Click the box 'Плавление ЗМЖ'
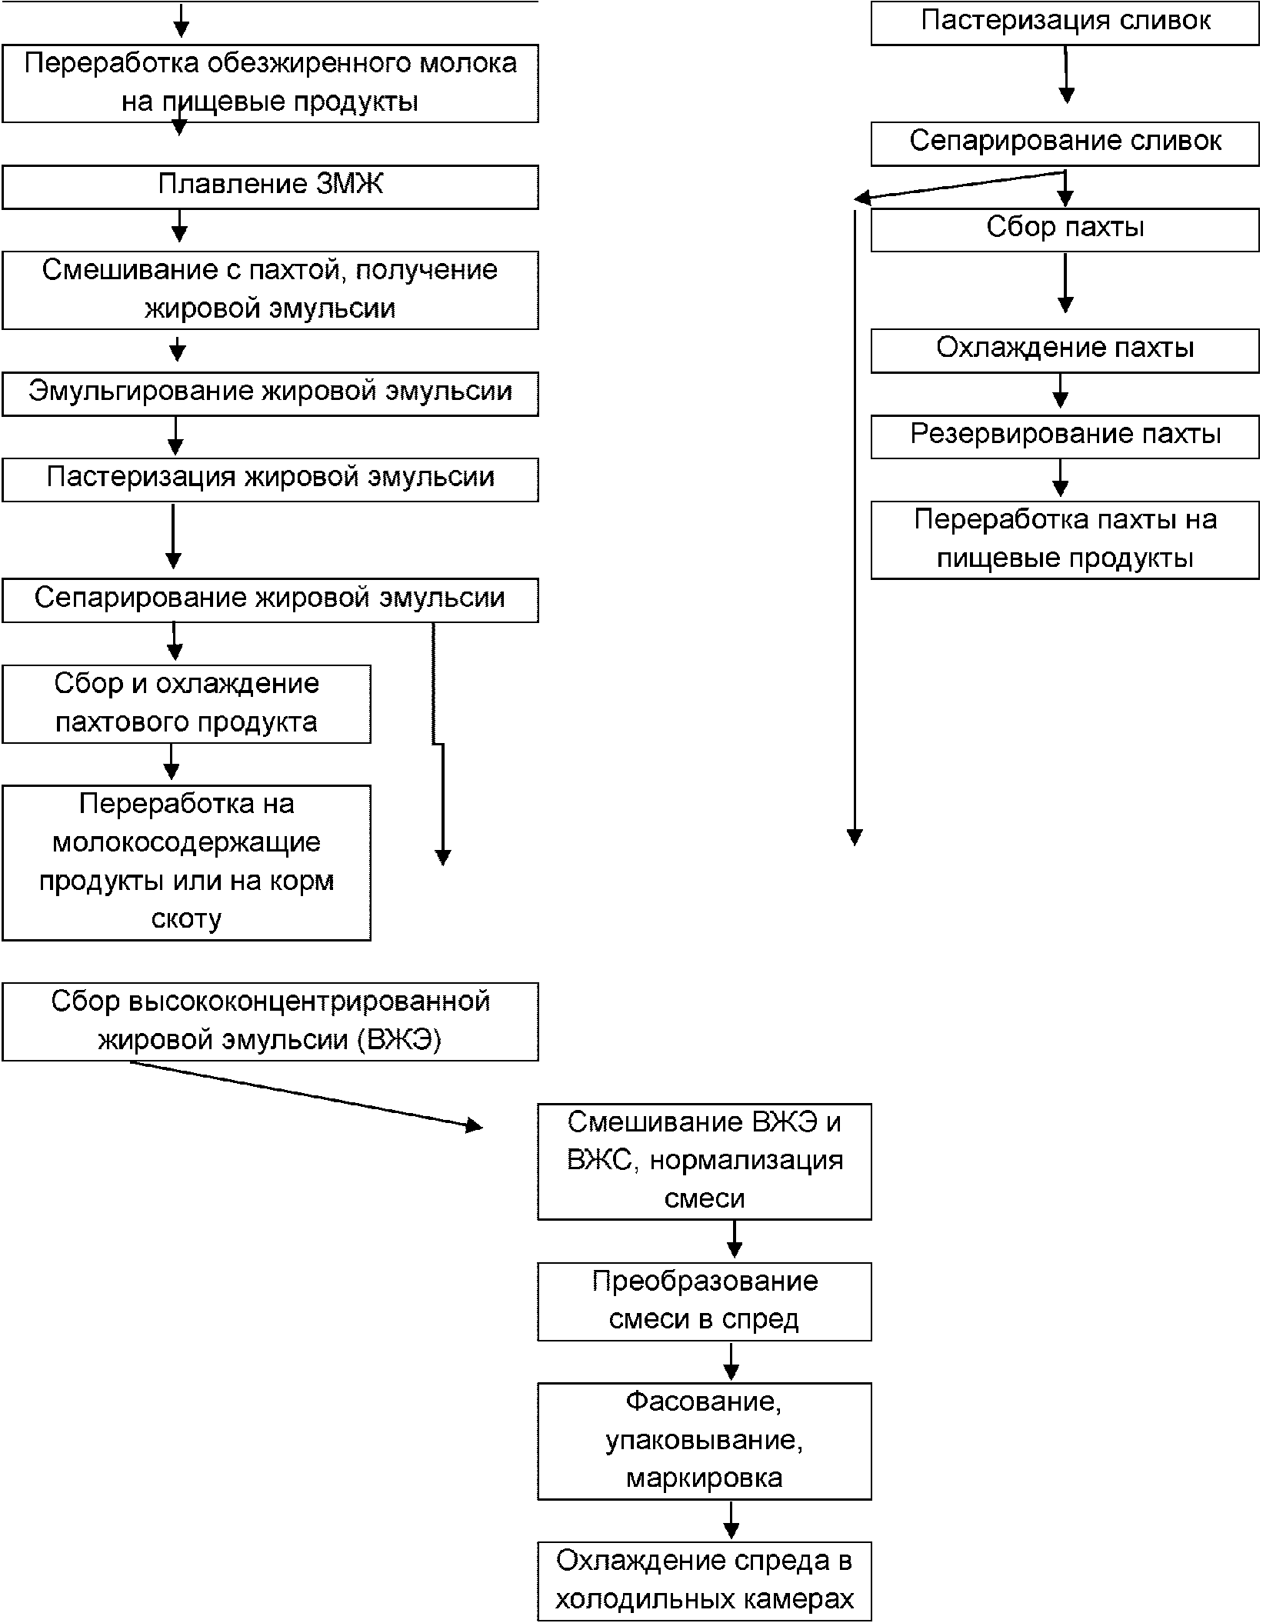point(270,187)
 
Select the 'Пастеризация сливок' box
point(1065,23)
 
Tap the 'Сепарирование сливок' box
point(1065,144)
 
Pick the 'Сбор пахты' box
point(1065,230)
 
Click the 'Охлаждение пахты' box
point(1065,351)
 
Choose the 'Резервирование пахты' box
point(1065,437)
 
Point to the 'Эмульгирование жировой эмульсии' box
point(270,394)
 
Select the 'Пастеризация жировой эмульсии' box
point(270,480)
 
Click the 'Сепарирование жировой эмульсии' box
point(270,601)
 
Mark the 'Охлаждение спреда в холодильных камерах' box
point(705,1581)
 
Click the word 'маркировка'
point(705,1478)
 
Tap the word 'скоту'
point(186,918)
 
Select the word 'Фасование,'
point(705,1401)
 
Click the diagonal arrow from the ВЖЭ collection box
point(306,1095)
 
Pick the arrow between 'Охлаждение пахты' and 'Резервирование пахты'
point(1061,390)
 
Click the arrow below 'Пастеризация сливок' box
point(1066,75)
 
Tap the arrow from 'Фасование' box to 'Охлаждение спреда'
point(731,1520)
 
